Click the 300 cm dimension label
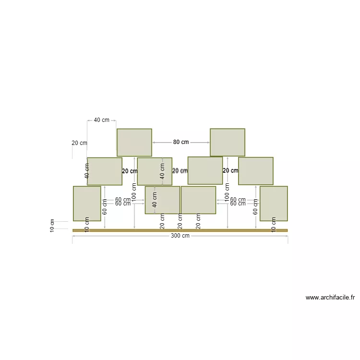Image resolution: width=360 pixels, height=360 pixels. click(180, 236)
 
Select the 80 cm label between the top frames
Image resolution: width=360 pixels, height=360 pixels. click(181, 142)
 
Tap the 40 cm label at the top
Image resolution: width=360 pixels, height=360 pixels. click(101, 120)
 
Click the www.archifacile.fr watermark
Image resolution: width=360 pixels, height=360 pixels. click(330, 298)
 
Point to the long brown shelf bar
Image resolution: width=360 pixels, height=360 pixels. click(180, 230)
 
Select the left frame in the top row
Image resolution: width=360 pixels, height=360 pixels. click(134, 142)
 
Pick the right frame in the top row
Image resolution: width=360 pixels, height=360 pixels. click(228, 142)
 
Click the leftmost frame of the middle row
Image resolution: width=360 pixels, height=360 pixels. click(105, 171)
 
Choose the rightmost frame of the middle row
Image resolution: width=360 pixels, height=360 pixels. click(256, 171)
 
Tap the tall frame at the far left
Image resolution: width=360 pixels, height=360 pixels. click(87, 204)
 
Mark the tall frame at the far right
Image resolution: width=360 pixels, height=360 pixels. click(274, 204)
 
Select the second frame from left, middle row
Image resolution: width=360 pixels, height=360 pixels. click(155, 171)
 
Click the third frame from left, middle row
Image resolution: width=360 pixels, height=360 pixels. click(205, 170)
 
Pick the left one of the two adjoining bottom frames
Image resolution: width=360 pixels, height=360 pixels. click(162, 200)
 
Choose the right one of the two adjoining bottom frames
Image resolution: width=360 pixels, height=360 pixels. click(198, 200)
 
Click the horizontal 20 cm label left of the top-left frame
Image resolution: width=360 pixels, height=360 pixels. click(80, 143)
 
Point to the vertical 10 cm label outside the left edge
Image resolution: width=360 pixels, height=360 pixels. click(52, 226)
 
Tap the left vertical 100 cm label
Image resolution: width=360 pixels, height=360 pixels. click(134, 192)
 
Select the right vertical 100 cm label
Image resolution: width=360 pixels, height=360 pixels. click(227, 192)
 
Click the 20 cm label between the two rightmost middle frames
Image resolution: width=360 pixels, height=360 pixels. click(230, 170)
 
